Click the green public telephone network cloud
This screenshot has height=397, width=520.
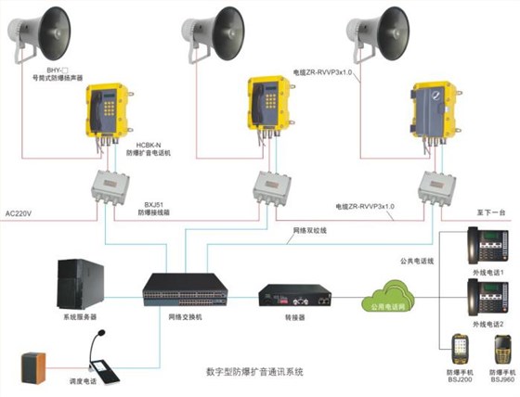pos(384,298)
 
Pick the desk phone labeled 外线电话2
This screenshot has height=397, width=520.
pos(484,300)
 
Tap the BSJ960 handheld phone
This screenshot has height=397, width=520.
pos(502,350)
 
